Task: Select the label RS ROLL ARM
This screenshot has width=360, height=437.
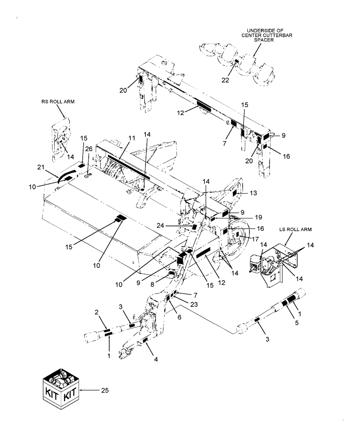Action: pos(59,101)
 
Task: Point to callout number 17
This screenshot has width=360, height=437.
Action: pos(253,239)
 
